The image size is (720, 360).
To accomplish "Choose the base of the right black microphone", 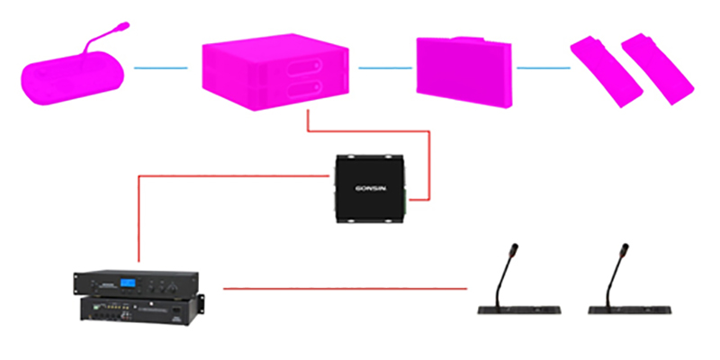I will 631,310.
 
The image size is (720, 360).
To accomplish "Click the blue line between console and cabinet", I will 160,67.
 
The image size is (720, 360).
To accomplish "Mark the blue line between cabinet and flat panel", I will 386,67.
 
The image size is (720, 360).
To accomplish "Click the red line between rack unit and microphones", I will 346,288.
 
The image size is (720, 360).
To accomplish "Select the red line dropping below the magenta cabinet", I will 308,121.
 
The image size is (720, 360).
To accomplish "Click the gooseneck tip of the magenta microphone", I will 121,26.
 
